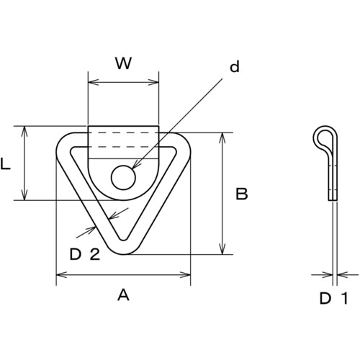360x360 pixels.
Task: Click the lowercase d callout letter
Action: pos(233,68)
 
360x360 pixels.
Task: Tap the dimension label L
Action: pos(6,164)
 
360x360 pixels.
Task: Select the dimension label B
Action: pos(243,194)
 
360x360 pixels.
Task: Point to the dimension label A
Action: pos(122,294)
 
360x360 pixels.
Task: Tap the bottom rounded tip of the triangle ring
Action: pos(123,247)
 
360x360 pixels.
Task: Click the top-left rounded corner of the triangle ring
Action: pos(65,144)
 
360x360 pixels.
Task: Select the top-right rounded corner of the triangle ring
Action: pos(181,144)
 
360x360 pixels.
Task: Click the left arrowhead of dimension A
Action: pos(59,274)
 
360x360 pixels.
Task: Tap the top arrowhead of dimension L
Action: pos(25,131)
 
